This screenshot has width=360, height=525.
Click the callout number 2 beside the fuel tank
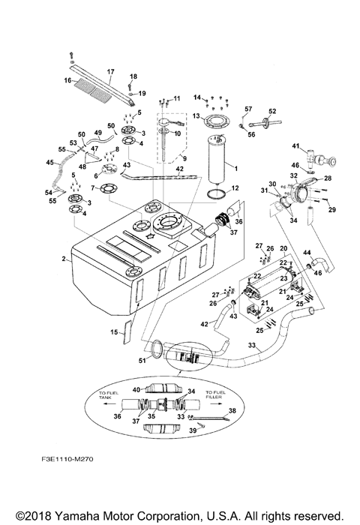pos(65,259)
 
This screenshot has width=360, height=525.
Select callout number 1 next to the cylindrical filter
pos(237,165)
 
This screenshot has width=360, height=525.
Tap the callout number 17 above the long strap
pos(109,72)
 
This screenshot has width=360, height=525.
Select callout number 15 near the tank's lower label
pos(115,331)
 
